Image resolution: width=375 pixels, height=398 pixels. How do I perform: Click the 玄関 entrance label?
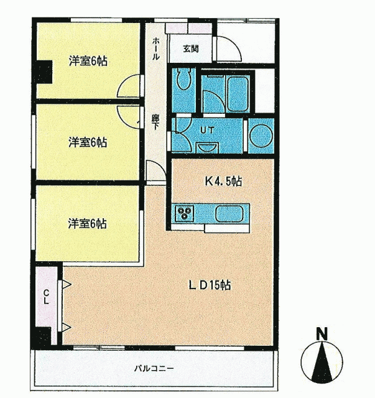(191, 49)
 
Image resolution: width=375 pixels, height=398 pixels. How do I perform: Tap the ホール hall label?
(156, 49)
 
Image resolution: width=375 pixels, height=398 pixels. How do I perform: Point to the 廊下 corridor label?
(155, 122)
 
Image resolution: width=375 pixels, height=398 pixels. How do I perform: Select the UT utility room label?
(207, 130)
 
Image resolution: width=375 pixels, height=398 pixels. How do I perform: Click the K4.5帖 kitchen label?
(223, 181)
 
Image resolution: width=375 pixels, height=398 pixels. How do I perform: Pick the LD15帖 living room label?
(210, 285)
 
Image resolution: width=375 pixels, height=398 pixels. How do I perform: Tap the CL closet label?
(46, 297)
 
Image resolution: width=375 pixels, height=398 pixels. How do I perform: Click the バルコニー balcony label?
(154, 368)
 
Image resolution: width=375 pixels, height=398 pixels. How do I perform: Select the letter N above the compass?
(322, 334)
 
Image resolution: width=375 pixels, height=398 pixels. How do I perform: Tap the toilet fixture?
(183, 79)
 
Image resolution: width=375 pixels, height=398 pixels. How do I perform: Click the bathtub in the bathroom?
(238, 94)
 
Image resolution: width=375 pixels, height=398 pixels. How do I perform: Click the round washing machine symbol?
(261, 136)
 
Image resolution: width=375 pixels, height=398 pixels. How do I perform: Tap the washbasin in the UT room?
(207, 148)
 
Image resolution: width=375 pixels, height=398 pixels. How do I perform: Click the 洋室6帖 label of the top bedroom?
(88, 61)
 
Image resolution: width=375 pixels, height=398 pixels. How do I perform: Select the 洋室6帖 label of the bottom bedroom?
(87, 224)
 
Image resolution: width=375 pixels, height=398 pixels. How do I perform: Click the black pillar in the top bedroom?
(44, 72)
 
